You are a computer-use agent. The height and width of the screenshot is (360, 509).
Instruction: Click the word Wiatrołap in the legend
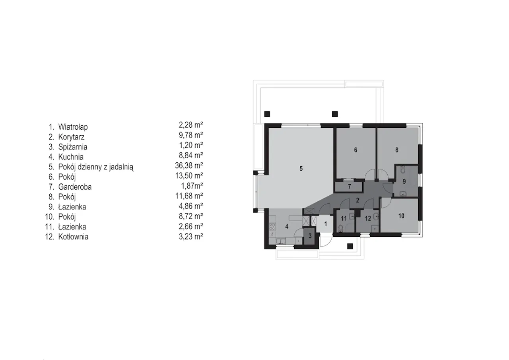73,127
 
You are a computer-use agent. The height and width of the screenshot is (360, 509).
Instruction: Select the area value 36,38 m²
189,165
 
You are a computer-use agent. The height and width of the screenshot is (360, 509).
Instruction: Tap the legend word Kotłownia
74,237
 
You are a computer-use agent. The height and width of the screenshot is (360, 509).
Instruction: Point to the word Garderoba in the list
75,187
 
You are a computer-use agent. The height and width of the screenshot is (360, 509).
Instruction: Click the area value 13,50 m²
189,175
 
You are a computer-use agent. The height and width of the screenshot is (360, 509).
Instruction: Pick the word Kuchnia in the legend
71,157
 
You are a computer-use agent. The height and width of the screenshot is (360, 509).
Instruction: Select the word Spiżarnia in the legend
73,147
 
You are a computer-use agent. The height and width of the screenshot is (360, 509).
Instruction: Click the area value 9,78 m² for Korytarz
191,135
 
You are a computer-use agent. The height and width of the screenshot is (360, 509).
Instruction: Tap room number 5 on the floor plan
301,168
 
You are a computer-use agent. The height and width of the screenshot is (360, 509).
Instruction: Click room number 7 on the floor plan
350,187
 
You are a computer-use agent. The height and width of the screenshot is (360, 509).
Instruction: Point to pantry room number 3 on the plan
310,236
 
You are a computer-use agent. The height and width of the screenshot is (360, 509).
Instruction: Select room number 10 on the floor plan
401,216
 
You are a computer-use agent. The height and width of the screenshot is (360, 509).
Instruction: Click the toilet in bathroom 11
340,228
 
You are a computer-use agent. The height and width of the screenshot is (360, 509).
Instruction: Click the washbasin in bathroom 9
403,194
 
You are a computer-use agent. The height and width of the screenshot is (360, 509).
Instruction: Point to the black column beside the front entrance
350,246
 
